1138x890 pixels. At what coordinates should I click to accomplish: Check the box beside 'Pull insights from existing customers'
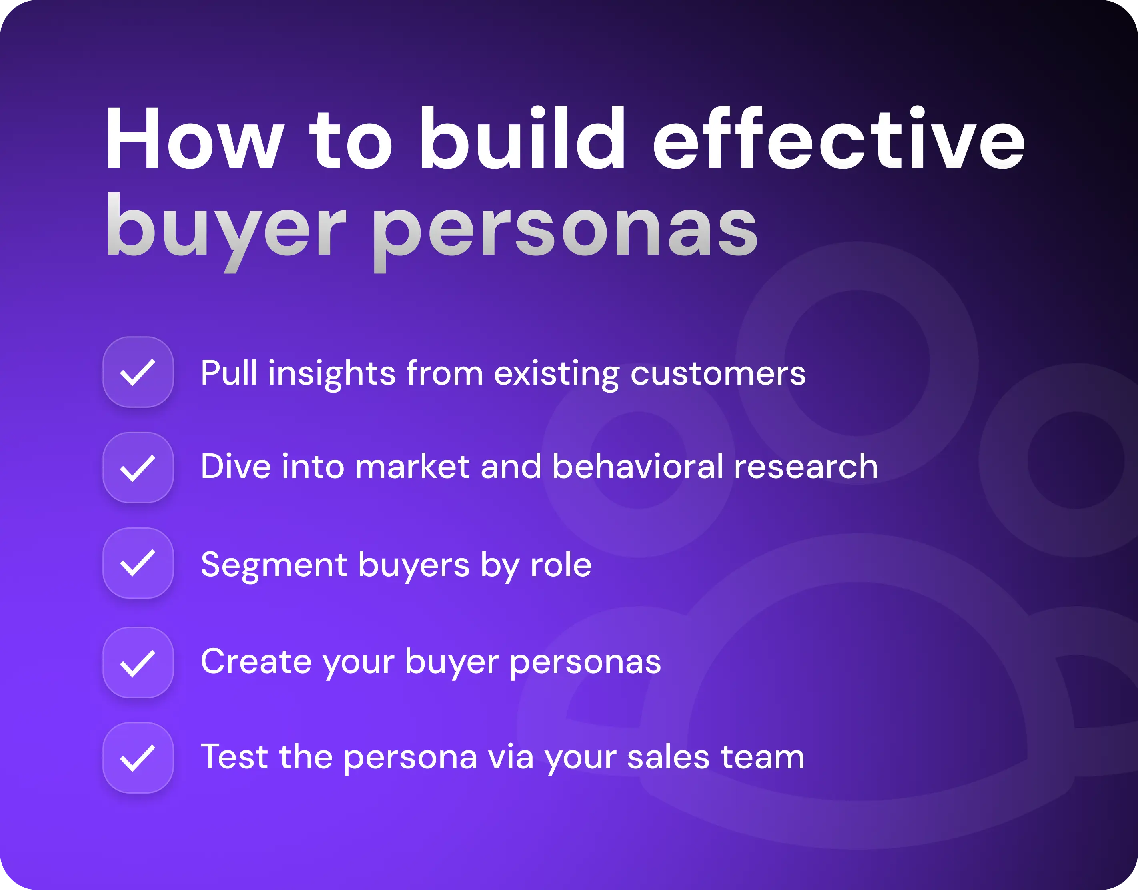[x=138, y=372]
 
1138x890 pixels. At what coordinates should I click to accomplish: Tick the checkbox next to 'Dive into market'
[x=138, y=467]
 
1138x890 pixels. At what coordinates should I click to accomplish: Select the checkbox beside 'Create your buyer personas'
[x=138, y=662]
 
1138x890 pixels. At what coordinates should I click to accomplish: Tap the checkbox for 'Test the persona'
[x=138, y=758]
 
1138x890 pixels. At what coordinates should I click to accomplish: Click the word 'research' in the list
[x=805, y=466]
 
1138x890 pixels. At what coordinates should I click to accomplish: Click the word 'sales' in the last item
[x=668, y=757]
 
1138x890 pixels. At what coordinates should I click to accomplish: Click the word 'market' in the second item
[x=412, y=466]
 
